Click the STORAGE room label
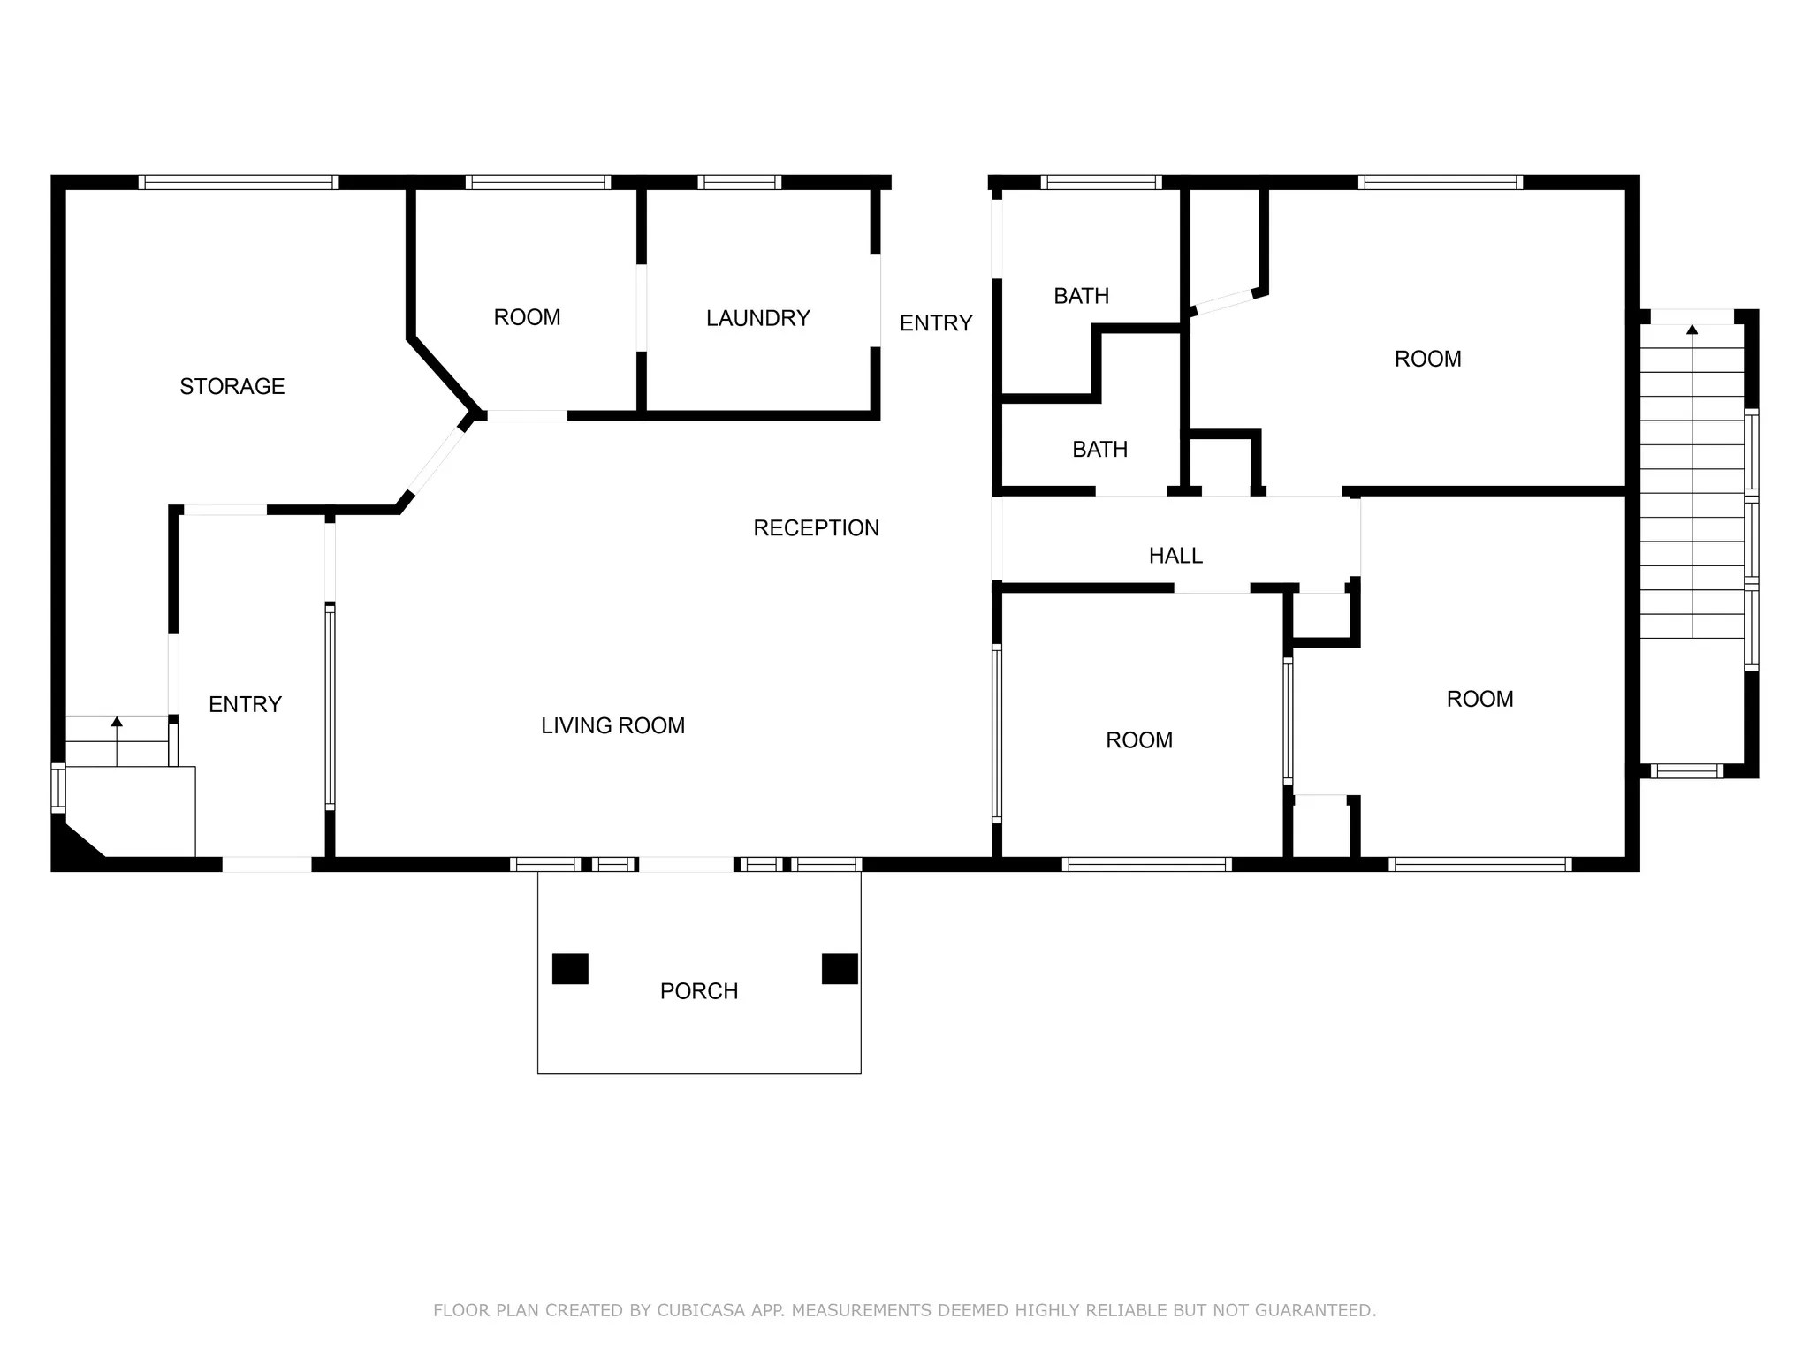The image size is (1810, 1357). (232, 386)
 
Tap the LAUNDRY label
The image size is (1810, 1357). (757, 318)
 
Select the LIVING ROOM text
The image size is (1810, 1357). (612, 725)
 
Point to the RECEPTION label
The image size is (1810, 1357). (816, 528)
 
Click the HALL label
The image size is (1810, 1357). (1175, 556)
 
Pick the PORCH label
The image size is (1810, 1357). (698, 991)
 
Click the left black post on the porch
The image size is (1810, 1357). (570, 968)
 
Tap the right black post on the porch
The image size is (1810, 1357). (840, 968)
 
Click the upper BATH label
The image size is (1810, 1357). (1081, 296)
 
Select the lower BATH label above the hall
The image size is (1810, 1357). (1099, 450)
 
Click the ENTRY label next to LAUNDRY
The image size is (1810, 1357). (936, 323)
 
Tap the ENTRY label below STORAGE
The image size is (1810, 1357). (245, 704)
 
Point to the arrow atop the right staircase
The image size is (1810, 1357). (1692, 330)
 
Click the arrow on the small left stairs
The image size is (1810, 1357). (117, 722)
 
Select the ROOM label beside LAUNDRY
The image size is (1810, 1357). (527, 317)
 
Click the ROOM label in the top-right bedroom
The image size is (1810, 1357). (1427, 359)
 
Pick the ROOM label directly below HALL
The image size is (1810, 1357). (1139, 740)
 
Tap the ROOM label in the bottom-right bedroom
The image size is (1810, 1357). (1479, 699)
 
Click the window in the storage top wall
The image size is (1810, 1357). (239, 182)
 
